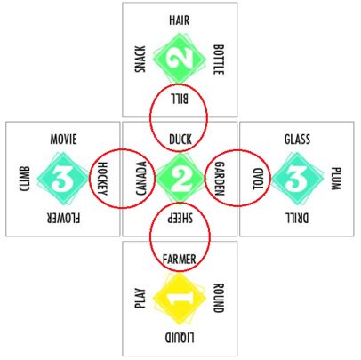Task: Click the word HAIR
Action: (180, 20)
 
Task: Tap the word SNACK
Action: (140, 59)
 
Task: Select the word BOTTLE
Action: (219, 60)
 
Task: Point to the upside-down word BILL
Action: (179, 99)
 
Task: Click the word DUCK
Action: (180, 140)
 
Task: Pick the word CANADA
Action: (141, 179)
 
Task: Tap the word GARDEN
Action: (220, 179)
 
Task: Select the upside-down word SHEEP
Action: (180, 218)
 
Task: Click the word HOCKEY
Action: (102, 179)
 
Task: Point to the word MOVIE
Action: (63, 140)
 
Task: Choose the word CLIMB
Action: (24, 179)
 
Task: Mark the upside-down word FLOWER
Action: (63, 218)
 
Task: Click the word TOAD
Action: (258, 179)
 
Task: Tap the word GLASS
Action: (297, 140)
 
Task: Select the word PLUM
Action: (336, 179)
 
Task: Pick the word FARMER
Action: (180, 260)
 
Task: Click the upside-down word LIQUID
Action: (180, 338)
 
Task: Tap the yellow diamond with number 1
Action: (180, 299)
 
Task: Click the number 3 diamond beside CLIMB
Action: (63, 179)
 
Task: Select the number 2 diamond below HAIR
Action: (180, 59)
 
